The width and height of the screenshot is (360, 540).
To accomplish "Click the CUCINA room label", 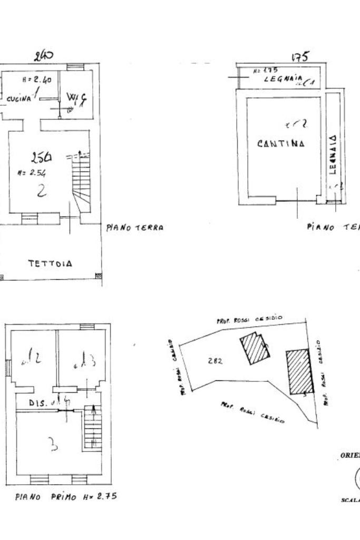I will point(18,99).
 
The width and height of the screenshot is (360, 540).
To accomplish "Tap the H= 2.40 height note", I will point(36,80).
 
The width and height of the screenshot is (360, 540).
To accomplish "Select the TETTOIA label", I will point(50,263).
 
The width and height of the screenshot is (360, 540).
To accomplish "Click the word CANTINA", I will point(281,143).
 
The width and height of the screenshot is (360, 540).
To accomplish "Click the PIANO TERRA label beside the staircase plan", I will point(134,228).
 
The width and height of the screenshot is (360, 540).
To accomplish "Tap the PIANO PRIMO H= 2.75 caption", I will point(66,496).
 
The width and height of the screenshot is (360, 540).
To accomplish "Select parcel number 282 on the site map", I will point(215,361).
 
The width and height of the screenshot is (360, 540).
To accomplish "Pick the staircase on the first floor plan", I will point(92,429).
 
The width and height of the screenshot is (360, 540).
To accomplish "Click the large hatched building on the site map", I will point(300,371).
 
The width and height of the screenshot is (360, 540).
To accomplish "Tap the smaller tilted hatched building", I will point(255,348).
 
